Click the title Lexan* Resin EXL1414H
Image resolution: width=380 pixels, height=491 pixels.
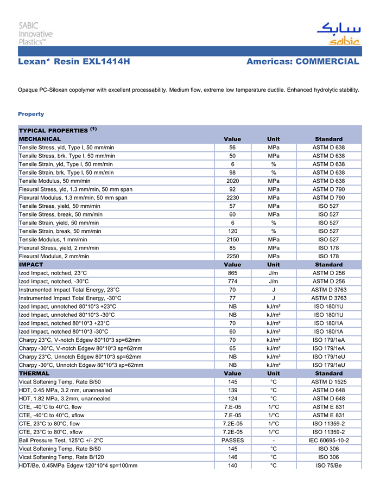coord(74,62)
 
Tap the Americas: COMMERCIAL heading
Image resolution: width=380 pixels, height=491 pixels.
coord(302,62)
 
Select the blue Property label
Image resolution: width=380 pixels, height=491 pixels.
coord(31,114)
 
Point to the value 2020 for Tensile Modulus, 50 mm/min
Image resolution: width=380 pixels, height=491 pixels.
coord(232,181)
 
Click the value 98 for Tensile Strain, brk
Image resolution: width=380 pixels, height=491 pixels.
coord(232,173)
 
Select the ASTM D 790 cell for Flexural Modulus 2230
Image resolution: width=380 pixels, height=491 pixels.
coord(328,197)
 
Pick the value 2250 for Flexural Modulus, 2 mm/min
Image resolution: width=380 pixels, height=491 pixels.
coord(232,256)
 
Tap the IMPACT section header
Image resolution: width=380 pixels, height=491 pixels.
coord(31,265)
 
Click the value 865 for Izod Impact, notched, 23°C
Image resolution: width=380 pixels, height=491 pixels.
coord(232,273)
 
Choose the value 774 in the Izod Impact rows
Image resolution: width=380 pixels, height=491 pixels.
coord(232,281)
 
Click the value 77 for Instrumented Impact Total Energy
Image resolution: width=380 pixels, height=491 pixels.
coord(232,298)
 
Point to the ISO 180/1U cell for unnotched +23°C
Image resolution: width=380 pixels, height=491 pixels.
coord(328,307)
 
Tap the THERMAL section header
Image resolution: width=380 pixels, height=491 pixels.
coord(34,373)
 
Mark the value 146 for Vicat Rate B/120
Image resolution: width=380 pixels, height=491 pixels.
coord(232,457)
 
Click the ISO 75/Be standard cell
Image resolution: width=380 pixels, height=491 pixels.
coord(328,466)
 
